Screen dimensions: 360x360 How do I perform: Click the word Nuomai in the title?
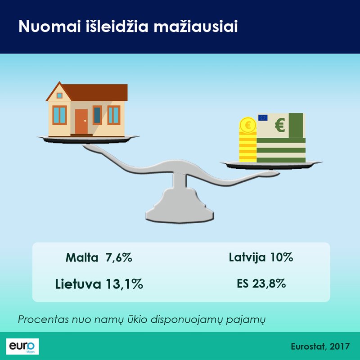tap(49, 27)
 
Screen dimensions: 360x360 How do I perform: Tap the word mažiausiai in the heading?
tap(196, 27)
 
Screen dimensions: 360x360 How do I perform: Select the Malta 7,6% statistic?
tap(99, 257)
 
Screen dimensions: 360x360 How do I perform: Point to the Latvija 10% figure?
tap(261, 257)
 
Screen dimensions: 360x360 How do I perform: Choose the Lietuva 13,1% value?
tap(99, 284)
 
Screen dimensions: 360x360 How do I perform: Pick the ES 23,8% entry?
tap(261, 283)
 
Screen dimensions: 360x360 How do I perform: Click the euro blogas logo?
tap(22, 346)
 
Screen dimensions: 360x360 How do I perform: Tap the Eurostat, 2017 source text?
tap(320, 346)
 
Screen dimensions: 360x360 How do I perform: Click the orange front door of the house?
tap(81, 121)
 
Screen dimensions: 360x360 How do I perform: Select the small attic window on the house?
tap(59, 95)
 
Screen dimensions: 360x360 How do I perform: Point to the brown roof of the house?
tap(87, 92)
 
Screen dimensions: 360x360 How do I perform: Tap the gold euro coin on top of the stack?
tap(248, 125)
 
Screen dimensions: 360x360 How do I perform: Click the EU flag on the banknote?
tap(263, 118)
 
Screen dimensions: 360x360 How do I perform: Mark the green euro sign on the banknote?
tap(280, 125)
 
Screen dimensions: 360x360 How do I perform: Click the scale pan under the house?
tap(88, 139)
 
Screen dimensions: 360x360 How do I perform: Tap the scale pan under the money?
tap(271, 165)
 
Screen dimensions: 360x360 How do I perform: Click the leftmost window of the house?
tap(59, 115)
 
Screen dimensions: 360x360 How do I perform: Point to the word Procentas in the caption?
tap(43, 319)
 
